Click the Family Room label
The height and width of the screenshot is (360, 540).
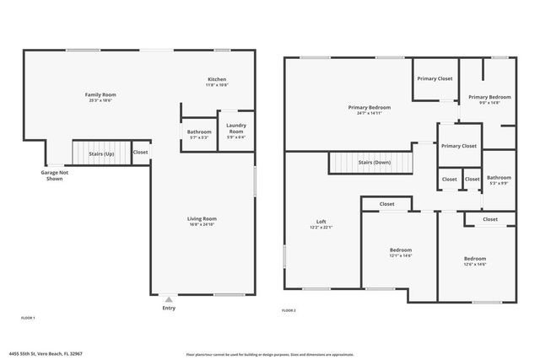click(x=100, y=95)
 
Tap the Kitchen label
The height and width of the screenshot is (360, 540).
click(x=217, y=79)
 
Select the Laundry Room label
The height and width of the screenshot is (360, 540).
click(x=235, y=128)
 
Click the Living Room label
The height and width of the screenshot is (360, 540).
click(x=202, y=219)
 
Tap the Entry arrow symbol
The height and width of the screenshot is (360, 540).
click(x=170, y=298)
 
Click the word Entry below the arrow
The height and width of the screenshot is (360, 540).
click(x=170, y=308)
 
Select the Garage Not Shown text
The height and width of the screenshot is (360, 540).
click(x=54, y=175)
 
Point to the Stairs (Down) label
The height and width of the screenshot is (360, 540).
click(x=373, y=162)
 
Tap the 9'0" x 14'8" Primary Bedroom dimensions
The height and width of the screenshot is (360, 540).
click(x=489, y=102)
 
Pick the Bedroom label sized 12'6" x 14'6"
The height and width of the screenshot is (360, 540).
click(x=475, y=258)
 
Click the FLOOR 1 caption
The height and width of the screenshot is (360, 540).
click(x=27, y=318)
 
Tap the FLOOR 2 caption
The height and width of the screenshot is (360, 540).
click(x=289, y=311)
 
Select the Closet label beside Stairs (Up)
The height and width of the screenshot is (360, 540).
click(x=140, y=153)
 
